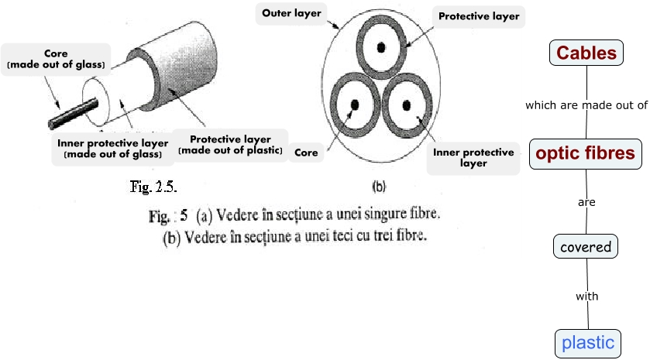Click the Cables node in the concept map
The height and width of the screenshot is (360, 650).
coord(586,53)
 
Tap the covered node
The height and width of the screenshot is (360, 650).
coord(586,247)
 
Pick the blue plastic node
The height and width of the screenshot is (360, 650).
coord(587,342)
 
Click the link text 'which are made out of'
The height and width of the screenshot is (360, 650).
coord(586,105)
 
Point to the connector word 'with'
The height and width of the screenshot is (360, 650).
coord(586,296)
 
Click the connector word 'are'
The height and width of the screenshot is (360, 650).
coord(586,202)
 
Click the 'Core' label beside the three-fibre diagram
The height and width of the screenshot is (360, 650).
coord(307,153)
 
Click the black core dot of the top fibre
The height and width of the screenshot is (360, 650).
coord(381,46)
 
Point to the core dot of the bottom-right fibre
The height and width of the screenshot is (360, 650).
coord(409,104)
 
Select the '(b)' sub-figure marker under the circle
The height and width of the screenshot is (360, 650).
coord(380,186)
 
